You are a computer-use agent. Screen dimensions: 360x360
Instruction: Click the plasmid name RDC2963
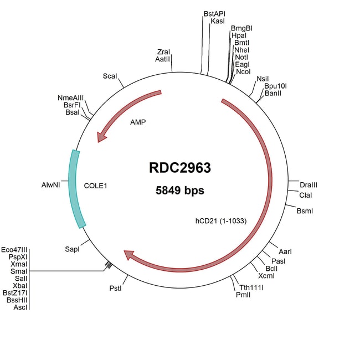tap(180, 168)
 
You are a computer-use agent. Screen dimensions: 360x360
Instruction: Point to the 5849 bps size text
tap(180, 191)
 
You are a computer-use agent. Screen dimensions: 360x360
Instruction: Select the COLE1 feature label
tap(95, 186)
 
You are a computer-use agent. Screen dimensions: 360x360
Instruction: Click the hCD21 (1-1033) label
tap(220, 220)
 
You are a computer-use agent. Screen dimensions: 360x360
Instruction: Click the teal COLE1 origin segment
tap(75, 188)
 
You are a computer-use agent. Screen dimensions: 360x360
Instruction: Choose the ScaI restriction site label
tap(110, 76)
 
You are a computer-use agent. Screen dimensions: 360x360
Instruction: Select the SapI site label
tap(73, 250)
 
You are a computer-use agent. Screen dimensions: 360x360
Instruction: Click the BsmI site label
tap(305, 211)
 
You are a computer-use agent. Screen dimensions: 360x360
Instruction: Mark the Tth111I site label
tap(251, 287)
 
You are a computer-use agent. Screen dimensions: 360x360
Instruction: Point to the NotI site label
tap(241, 57)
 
